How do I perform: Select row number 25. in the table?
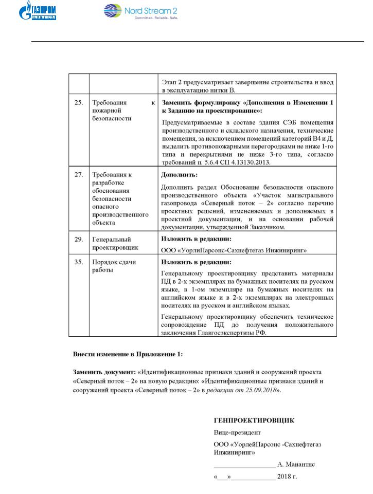click(79, 102)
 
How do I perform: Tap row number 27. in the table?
click(79, 175)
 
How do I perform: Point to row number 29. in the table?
click(79, 239)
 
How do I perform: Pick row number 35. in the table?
click(79, 262)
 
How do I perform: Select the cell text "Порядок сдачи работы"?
click(114, 266)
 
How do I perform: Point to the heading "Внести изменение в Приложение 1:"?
click(127, 354)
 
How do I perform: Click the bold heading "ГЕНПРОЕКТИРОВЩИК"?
click(254, 420)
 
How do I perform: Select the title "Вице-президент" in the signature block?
click(237, 432)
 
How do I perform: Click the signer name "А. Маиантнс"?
click(296, 464)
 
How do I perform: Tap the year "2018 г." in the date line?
click(287, 477)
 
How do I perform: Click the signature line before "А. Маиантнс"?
click(244, 465)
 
